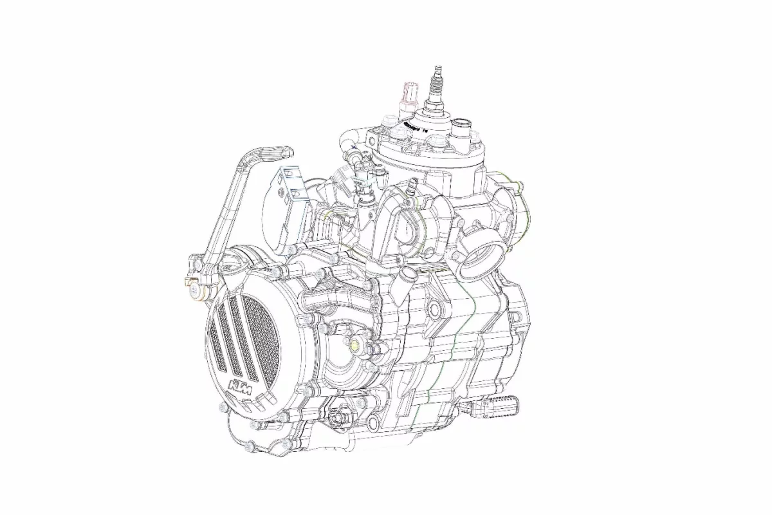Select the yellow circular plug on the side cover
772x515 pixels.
point(354,343)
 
